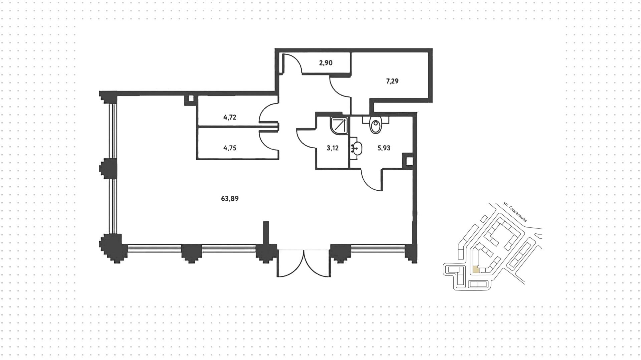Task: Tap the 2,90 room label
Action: click(326, 63)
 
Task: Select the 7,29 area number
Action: click(392, 81)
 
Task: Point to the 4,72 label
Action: click(230, 117)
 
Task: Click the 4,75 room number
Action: click(230, 148)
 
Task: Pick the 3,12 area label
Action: click(333, 148)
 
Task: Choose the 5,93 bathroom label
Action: click(384, 148)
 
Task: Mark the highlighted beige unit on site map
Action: click(475, 269)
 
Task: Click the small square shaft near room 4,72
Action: click(191, 99)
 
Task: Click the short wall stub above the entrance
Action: click(266, 233)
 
